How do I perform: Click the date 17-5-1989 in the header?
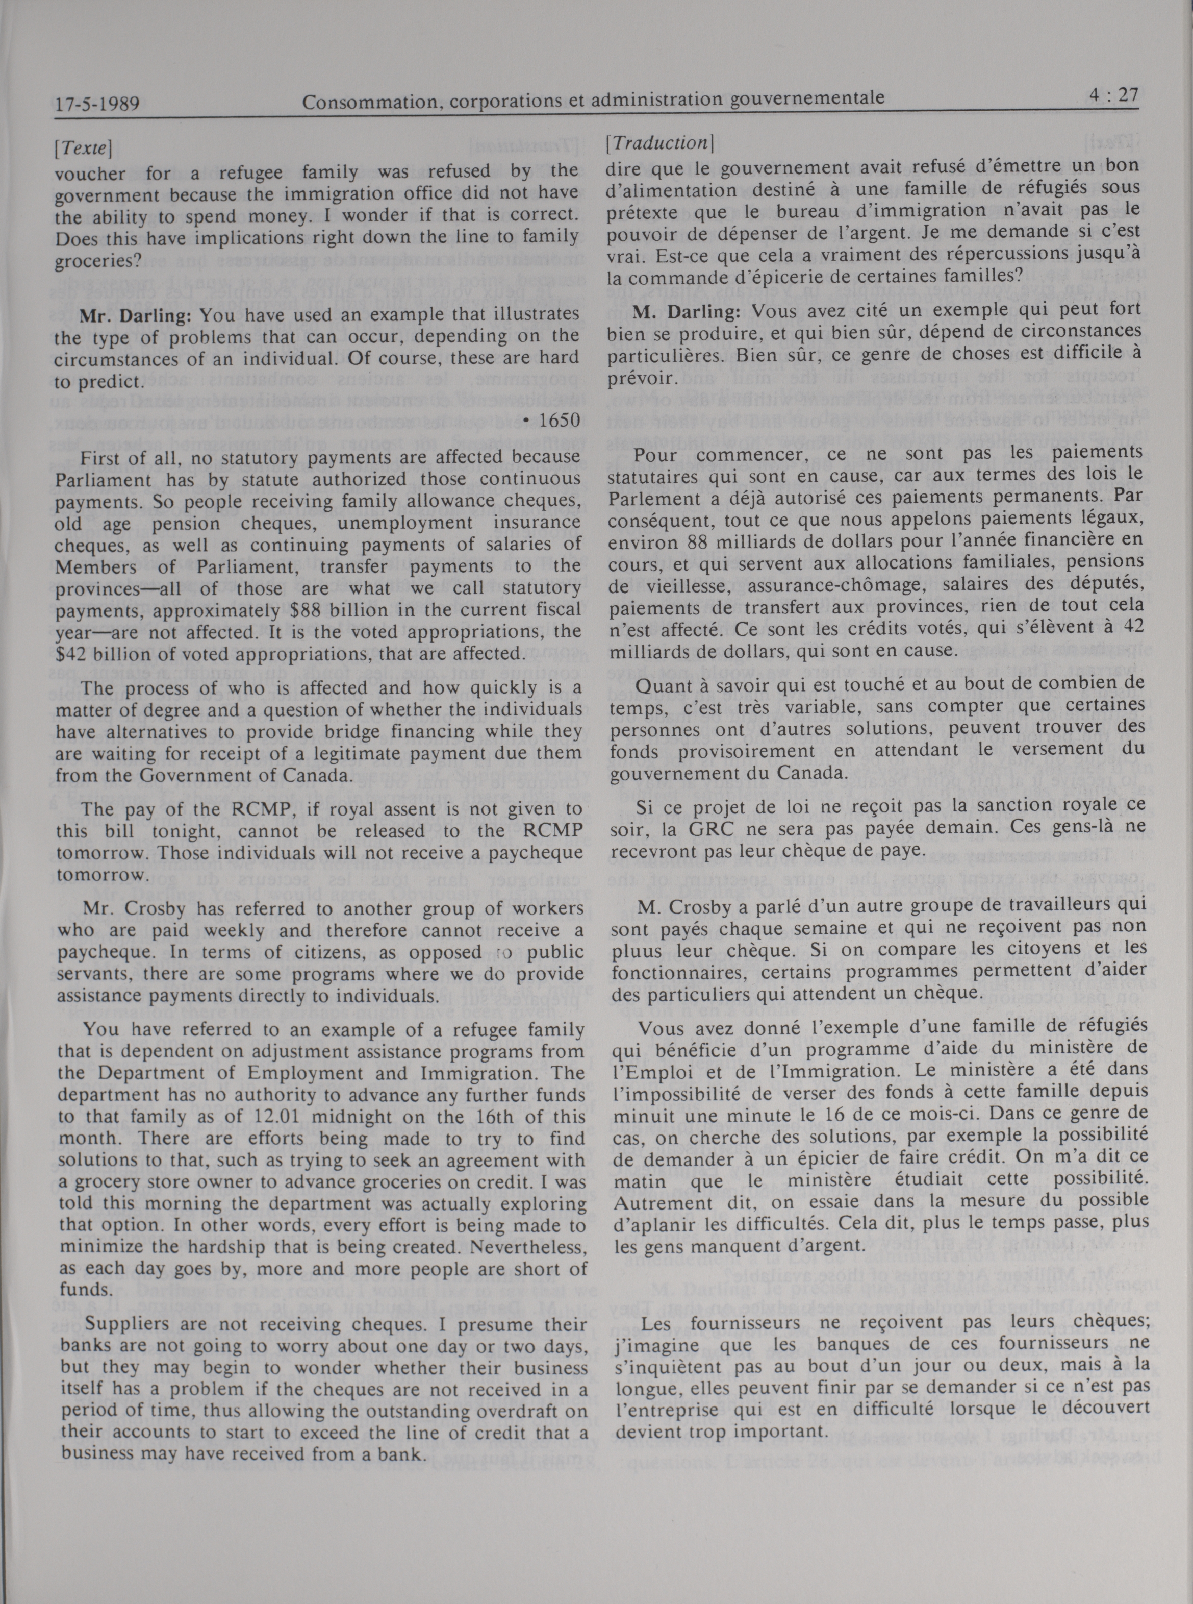pyautogui.click(x=97, y=104)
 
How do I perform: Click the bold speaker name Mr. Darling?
pyautogui.click(x=137, y=316)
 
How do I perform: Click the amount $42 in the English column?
pyautogui.click(x=72, y=654)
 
